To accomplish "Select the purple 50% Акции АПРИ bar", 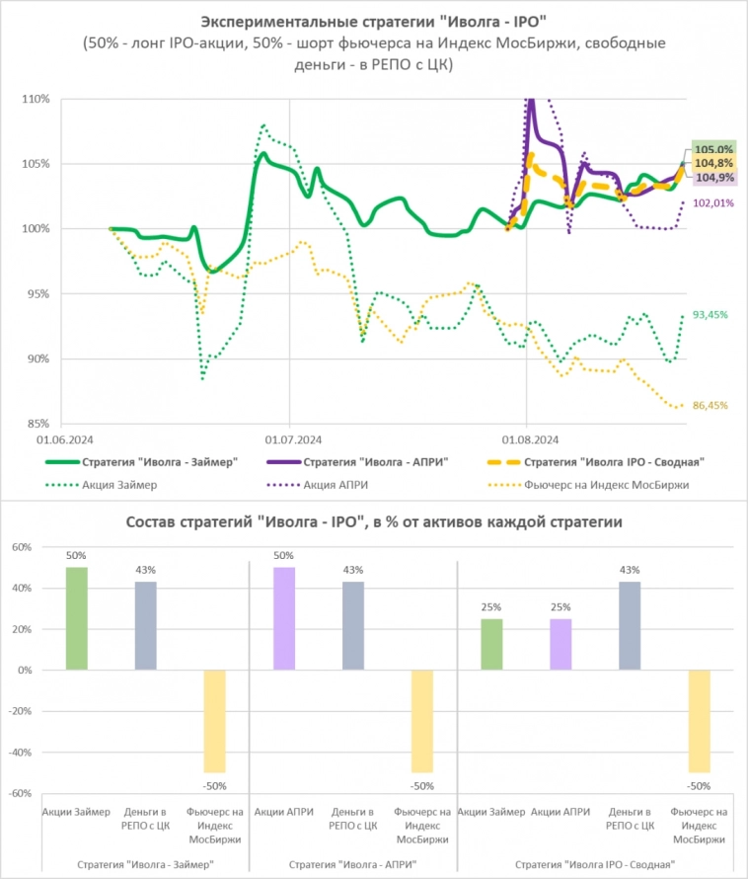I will click(x=284, y=618).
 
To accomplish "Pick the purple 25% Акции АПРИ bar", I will click(x=561, y=644).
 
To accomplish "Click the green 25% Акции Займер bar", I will click(x=491, y=644).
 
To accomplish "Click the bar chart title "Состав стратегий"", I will click(x=373, y=522).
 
